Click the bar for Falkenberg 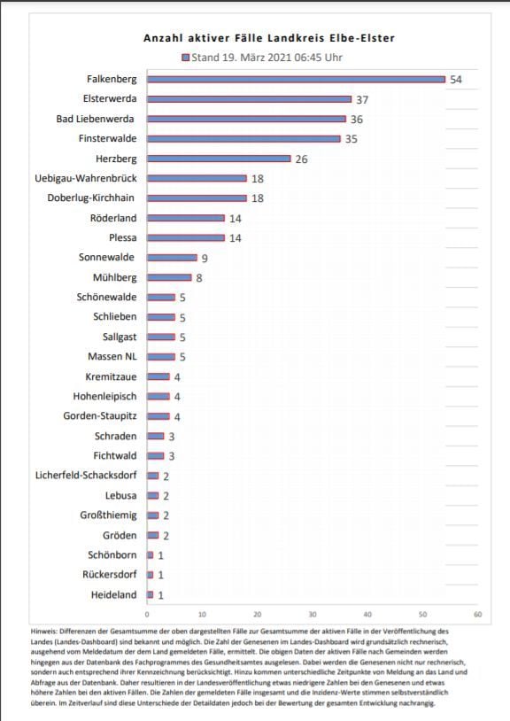click(x=297, y=80)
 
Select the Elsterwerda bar click(x=250, y=99)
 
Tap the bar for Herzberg click(x=220, y=159)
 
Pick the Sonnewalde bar click(x=173, y=258)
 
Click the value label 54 click(x=456, y=80)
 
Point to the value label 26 click(x=301, y=159)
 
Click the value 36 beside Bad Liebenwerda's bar click(x=357, y=120)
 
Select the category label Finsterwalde click(x=107, y=138)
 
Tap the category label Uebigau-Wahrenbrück click(x=86, y=178)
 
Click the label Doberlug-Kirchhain click(x=91, y=198)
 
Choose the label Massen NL click(x=112, y=357)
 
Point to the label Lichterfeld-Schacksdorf click(x=86, y=476)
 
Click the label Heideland click(x=114, y=595)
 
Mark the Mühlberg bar click(x=169, y=277)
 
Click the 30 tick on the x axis click(x=313, y=615)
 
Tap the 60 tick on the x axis click(x=478, y=615)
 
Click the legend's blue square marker click(x=186, y=58)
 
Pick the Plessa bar click(x=186, y=237)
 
